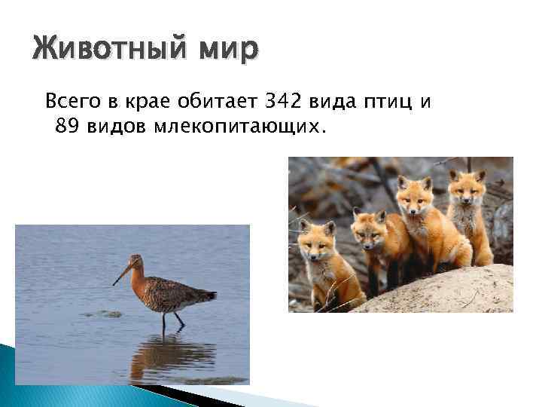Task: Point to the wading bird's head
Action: [136, 262]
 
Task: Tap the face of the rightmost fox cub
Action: [467, 188]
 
